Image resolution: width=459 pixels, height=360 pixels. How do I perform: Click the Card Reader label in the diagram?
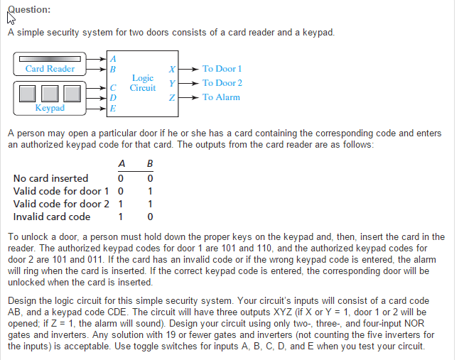(x=50, y=69)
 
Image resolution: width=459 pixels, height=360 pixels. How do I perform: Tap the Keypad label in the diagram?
(x=50, y=108)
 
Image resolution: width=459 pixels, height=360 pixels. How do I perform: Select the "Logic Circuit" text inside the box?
(x=143, y=83)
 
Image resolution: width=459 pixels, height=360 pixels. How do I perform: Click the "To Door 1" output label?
(x=222, y=69)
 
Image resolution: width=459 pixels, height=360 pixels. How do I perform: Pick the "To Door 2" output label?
(x=222, y=83)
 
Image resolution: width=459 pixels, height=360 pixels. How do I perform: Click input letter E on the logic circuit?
(x=113, y=109)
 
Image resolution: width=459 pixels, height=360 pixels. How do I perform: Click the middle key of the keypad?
(x=50, y=92)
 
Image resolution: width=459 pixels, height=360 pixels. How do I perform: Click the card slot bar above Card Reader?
(x=50, y=58)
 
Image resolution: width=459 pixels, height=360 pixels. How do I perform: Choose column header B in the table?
(x=149, y=164)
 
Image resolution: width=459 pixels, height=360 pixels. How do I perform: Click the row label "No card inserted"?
(x=51, y=178)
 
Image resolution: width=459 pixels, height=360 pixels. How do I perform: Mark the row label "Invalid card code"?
(x=52, y=217)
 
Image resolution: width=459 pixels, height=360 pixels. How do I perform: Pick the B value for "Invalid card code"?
(x=149, y=217)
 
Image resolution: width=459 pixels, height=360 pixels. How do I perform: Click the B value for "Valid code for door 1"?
(x=149, y=191)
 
